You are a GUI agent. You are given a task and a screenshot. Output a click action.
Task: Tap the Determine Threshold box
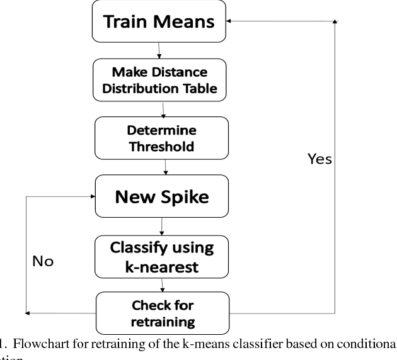[x=161, y=138]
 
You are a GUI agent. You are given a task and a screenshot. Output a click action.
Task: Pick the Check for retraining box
[x=162, y=313]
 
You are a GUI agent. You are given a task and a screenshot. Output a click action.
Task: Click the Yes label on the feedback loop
[x=319, y=159]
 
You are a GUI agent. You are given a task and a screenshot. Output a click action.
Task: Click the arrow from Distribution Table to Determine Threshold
[x=163, y=109]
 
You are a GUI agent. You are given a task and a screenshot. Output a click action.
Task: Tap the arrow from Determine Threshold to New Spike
[x=164, y=167]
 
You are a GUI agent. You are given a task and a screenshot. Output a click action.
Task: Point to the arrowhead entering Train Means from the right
[x=231, y=21]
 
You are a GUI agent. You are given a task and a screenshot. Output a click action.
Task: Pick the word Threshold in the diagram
[x=161, y=146]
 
